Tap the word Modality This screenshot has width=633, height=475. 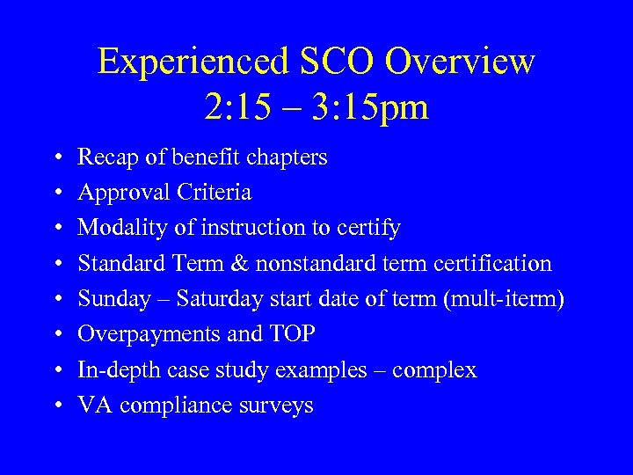(117, 228)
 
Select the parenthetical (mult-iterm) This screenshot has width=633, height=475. (505, 299)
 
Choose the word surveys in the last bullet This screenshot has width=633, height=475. (276, 406)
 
